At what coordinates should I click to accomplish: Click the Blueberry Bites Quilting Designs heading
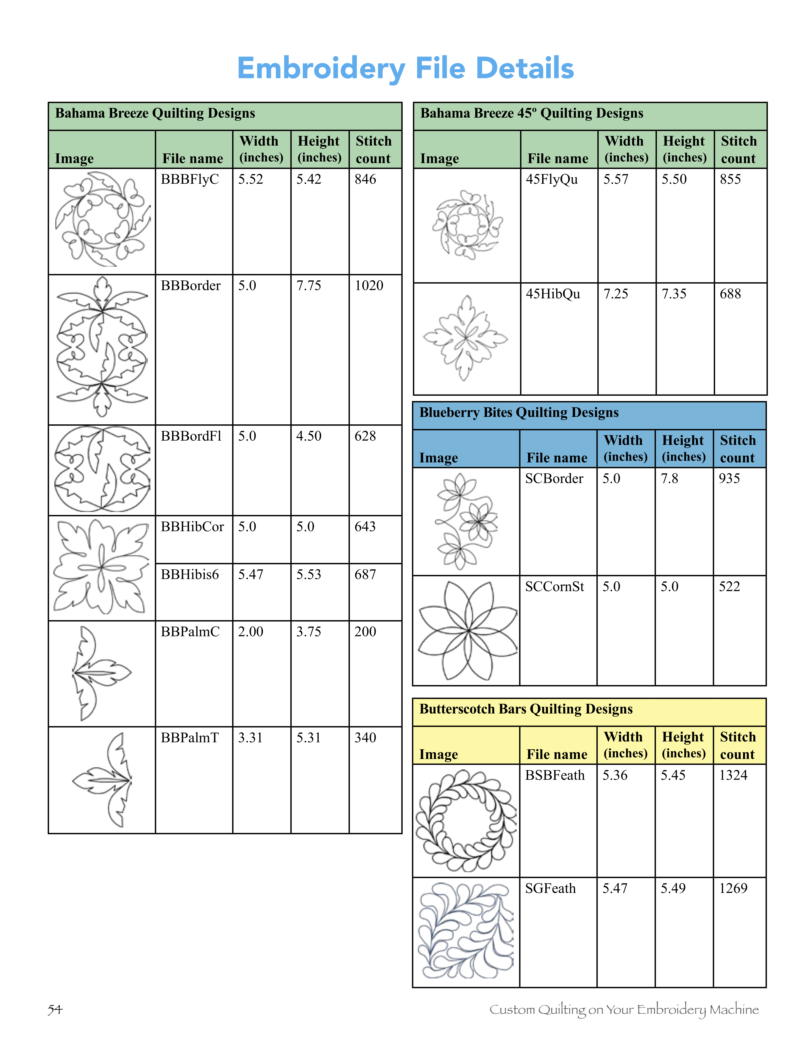pos(519,413)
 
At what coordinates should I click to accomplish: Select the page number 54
pos(55,1009)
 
